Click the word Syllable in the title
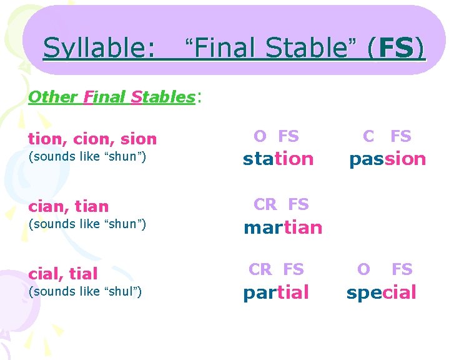click(99, 48)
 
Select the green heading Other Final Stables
click(112, 97)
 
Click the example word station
click(278, 159)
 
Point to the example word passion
click(387, 159)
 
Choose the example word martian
click(283, 227)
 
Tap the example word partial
click(276, 292)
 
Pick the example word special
click(381, 292)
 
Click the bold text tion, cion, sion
click(92, 139)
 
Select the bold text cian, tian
click(68, 206)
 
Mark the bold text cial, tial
click(62, 273)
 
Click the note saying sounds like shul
click(87, 291)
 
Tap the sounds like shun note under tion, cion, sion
click(87, 156)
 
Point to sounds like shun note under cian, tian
click(87, 224)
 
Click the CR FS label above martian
click(280, 204)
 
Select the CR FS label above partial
click(276, 269)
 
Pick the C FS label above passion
click(387, 136)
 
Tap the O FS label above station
click(276, 136)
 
